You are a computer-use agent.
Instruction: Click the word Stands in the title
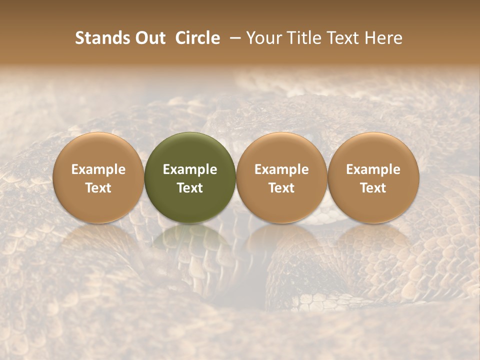[x=101, y=38]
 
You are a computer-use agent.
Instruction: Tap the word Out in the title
[x=149, y=38]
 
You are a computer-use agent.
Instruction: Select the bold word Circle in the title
[x=197, y=38]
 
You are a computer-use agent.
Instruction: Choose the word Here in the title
[x=383, y=38]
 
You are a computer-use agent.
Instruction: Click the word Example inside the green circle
[x=190, y=169]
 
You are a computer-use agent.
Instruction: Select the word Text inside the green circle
[x=190, y=188]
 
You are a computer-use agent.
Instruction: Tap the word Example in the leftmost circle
[x=98, y=169]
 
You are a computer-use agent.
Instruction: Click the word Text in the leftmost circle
[x=98, y=188]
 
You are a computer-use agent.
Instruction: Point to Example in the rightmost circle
[x=373, y=169]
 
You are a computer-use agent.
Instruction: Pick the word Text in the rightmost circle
[x=373, y=188]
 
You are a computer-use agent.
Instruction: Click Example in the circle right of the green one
[x=281, y=169]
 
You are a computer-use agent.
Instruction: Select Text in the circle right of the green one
[x=281, y=188]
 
